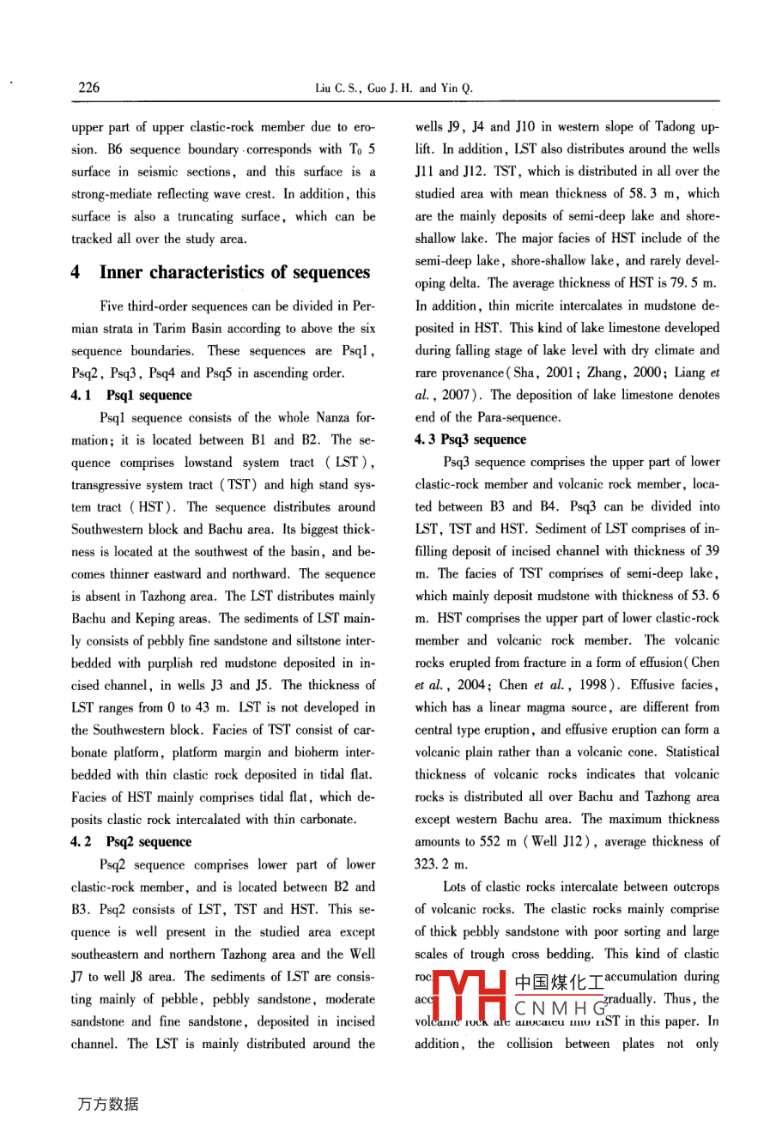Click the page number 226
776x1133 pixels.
click(88, 87)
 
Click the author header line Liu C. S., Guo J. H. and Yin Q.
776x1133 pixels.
click(394, 88)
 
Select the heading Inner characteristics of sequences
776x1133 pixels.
click(234, 272)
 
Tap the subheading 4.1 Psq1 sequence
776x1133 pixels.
click(131, 395)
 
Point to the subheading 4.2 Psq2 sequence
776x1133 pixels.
click(131, 842)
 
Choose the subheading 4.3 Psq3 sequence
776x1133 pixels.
click(470, 439)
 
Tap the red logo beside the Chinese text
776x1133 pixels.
click(469, 997)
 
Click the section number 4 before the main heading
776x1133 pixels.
click(76, 272)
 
